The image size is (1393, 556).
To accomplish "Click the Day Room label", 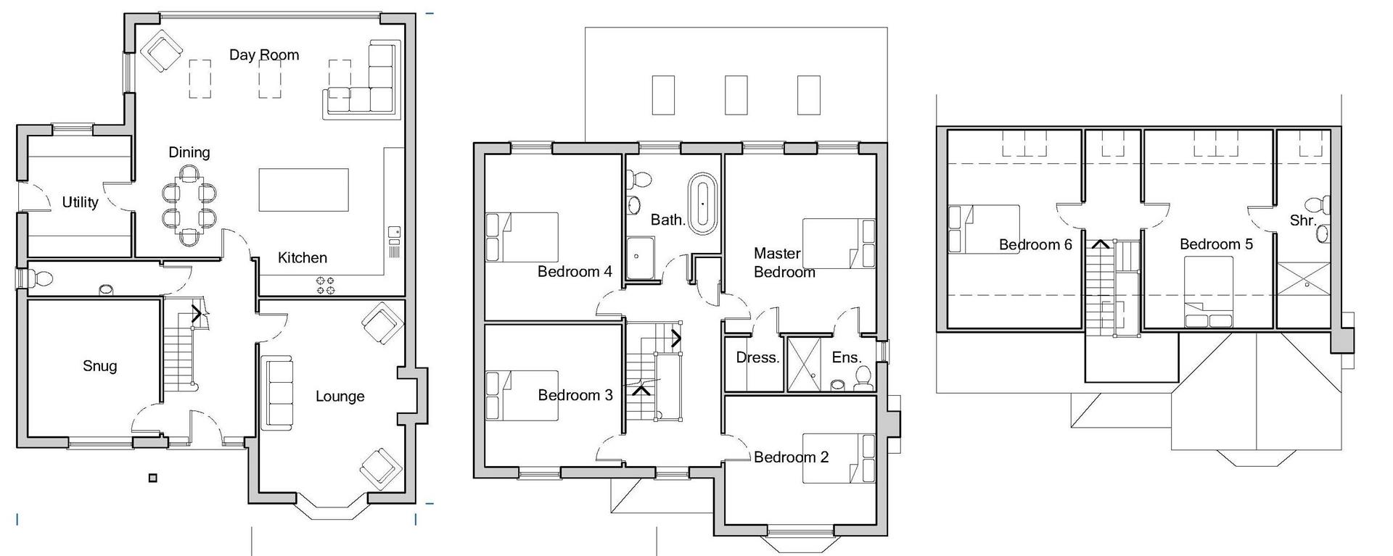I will tap(264, 55).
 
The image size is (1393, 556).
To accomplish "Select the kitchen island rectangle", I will tap(303, 190).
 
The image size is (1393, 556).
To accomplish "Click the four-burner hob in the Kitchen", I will tap(326, 286).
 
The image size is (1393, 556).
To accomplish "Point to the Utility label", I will tap(80, 202).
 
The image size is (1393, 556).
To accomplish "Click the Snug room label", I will tap(99, 366).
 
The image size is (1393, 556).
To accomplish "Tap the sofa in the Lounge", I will tap(276, 391).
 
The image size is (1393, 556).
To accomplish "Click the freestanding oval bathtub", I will tap(702, 203).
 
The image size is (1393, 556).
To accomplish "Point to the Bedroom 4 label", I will tap(575, 272).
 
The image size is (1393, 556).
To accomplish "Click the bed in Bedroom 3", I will tap(522, 396).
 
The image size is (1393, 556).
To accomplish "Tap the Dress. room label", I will tap(757, 357).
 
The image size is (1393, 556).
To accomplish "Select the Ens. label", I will tap(846, 357).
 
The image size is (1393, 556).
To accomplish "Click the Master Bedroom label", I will tap(784, 262).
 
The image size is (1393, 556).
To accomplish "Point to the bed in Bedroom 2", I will tap(839, 458).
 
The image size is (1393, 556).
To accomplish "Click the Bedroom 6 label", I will tap(1035, 245).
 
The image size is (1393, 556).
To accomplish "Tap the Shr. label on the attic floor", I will tap(1302, 220).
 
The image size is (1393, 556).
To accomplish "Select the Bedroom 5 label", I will tap(1216, 244).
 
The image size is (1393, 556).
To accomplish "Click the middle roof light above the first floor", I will tap(736, 95).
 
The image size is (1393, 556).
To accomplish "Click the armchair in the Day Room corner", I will tap(161, 51).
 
